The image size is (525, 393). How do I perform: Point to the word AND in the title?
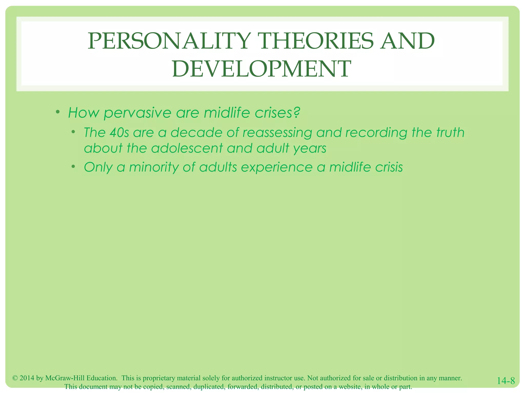pos(407,41)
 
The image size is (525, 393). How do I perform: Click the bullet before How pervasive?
pos(58,112)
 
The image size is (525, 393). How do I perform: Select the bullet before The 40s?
pos(74,132)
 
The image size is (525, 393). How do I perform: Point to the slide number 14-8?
pos(506,381)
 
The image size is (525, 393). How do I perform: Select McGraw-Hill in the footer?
pos(65,378)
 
